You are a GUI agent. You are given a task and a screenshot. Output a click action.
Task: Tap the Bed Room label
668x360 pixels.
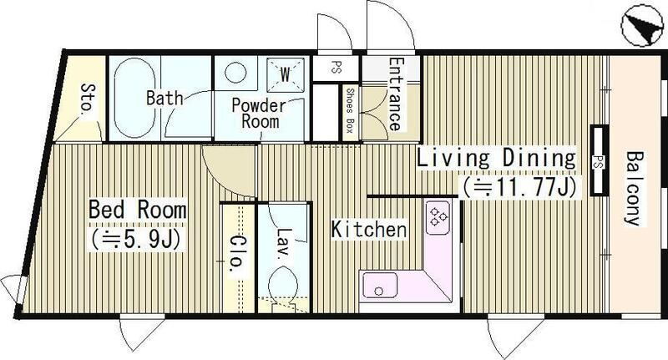(x=138, y=210)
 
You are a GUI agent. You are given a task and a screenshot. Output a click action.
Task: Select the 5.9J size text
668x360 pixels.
(x=136, y=240)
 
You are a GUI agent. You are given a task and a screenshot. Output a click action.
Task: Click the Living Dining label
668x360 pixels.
(x=496, y=158)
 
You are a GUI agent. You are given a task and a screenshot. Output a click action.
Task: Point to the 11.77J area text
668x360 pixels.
(x=519, y=187)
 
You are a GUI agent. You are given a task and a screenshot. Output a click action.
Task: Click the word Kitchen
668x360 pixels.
(x=369, y=230)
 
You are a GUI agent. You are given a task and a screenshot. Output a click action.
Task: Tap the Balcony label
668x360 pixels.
(x=634, y=188)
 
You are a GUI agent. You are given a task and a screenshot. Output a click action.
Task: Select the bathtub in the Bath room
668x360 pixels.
(x=134, y=98)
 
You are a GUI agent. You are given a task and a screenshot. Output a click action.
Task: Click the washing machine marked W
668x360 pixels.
(x=285, y=75)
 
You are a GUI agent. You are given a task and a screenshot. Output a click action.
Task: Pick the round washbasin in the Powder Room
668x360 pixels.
(x=235, y=73)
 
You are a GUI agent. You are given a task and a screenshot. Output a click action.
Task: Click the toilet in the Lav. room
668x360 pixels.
(x=282, y=286)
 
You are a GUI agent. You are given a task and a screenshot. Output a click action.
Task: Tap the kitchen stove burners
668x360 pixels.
(x=438, y=217)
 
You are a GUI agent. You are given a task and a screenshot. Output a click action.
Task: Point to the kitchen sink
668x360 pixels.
(x=380, y=285)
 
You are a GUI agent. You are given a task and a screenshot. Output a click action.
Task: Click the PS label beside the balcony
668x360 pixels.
(x=598, y=161)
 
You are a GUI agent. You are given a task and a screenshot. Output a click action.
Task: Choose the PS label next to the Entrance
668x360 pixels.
(x=337, y=68)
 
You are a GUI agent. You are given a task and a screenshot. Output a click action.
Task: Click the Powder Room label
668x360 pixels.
(x=259, y=114)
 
